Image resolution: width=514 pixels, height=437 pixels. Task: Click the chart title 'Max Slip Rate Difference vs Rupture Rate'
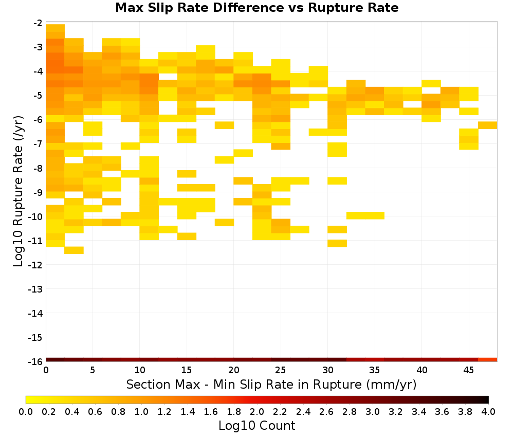point(256,8)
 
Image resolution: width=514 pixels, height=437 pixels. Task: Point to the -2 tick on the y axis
point(38,23)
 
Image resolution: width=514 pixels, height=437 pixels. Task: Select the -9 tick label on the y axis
point(38,192)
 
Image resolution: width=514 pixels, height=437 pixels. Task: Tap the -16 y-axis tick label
point(35,361)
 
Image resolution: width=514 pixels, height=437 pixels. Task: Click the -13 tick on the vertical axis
point(35,289)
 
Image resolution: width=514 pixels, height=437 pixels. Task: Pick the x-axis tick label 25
point(281,370)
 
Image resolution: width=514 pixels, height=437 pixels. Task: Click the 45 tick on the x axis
point(469,370)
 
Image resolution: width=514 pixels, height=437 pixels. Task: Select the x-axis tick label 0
point(46,370)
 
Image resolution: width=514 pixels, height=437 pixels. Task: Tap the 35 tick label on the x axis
point(375,370)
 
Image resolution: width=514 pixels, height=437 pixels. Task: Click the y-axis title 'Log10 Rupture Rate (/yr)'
point(18,191)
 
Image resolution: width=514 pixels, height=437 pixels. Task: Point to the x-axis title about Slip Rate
point(271,384)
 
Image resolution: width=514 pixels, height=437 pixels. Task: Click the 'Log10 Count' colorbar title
point(256,426)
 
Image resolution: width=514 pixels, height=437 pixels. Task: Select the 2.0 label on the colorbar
point(257,411)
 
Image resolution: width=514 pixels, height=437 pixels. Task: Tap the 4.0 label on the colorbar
point(488,411)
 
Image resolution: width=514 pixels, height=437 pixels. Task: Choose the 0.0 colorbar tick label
point(26,411)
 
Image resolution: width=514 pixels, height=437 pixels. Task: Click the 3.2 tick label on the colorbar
point(396,411)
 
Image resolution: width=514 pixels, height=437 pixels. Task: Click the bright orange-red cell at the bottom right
point(488,360)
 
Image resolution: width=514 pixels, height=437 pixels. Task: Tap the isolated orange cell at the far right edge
point(488,125)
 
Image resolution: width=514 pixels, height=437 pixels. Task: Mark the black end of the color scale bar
point(486,399)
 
